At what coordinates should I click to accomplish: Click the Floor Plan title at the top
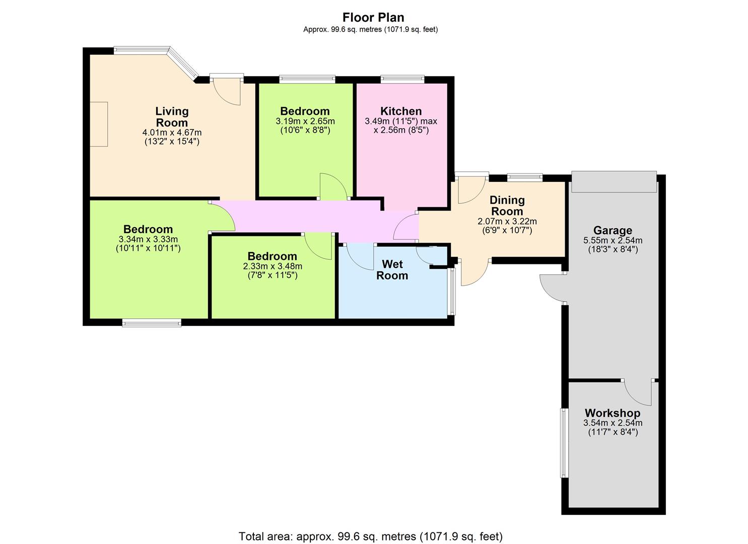pyautogui.click(x=373, y=17)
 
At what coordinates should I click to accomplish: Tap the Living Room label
pyautogui.click(x=172, y=116)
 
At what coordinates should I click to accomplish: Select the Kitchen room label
pyautogui.click(x=401, y=111)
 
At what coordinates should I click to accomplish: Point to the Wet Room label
pyautogui.click(x=392, y=270)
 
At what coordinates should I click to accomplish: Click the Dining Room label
pyautogui.click(x=507, y=206)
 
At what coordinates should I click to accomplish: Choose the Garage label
pyautogui.click(x=613, y=230)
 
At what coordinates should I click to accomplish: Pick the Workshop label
pyautogui.click(x=613, y=413)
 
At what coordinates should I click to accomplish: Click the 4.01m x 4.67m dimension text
pyautogui.click(x=172, y=132)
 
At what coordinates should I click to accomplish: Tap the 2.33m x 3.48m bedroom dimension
pyautogui.click(x=273, y=266)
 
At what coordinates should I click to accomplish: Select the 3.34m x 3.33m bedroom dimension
pyautogui.click(x=148, y=239)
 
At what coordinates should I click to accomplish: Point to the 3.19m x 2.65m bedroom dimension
pyautogui.click(x=305, y=121)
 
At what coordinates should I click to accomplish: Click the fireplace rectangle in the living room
pyautogui.click(x=99, y=124)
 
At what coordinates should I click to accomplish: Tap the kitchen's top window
pyautogui.click(x=402, y=80)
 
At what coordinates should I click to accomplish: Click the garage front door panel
pyautogui.click(x=614, y=182)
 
